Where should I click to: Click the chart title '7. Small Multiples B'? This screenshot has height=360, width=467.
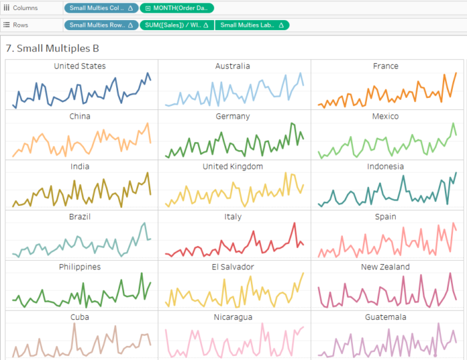point(52,49)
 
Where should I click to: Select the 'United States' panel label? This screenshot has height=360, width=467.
point(80,66)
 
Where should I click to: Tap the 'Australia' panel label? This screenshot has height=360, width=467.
point(233,66)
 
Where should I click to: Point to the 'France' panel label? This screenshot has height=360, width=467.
point(386,66)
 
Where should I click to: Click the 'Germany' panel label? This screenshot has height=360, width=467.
point(233,116)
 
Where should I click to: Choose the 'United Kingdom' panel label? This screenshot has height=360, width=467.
point(233,166)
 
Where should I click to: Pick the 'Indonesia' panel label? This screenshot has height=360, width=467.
point(386,166)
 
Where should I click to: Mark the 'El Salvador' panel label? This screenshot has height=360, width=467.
point(233,267)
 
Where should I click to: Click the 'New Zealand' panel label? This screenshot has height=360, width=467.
point(386,267)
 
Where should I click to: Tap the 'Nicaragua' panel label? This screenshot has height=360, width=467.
point(233,317)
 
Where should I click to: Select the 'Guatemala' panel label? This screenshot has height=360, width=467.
point(386,317)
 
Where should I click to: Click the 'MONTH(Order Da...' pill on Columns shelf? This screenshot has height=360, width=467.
point(177,8)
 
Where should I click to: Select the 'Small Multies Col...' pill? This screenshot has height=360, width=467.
point(101,8)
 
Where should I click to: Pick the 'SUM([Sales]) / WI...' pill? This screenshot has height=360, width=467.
point(176,25)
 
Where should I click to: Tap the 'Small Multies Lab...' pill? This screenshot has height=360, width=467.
point(252,25)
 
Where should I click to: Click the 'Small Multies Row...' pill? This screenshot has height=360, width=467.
point(101,25)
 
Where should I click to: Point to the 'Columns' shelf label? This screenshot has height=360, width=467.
point(25,8)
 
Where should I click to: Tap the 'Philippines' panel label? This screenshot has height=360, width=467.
point(80,267)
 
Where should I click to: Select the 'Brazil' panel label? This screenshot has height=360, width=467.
point(80,217)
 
